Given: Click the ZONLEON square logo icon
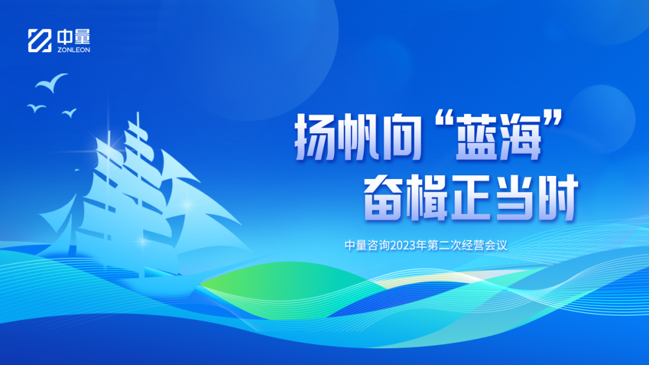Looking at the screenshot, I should [40, 40].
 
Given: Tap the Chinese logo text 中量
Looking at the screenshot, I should [73, 37].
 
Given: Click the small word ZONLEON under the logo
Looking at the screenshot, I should [73, 49].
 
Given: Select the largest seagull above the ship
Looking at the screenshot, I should [51, 82].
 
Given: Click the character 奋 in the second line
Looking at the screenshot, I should [385, 197].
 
